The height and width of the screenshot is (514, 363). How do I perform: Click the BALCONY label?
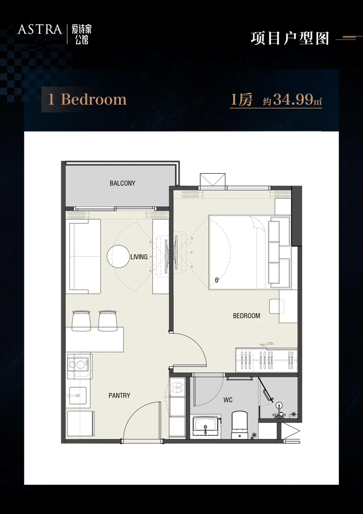pos(123,183)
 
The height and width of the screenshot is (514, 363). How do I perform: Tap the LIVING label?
pos(139,257)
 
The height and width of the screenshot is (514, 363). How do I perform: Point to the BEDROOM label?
pos(246,316)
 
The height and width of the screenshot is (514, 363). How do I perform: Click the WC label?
pos(228,400)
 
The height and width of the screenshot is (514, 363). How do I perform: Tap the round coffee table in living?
pos(118,256)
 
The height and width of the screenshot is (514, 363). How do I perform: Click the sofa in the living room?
pos(83,257)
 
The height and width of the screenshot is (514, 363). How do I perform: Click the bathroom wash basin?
pos(205,426)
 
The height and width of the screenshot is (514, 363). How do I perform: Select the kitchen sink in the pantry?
pos(78,395)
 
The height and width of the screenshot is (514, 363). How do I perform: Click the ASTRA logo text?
pos(40,29)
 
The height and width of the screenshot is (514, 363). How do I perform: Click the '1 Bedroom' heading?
pos(87,100)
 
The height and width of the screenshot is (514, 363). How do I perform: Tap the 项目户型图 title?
pos(290,38)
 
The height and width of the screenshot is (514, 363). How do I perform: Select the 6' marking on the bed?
pos(217,280)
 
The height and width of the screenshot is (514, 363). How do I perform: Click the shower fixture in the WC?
pos(279,411)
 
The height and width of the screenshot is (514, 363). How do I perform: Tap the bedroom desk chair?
pos(276,306)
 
